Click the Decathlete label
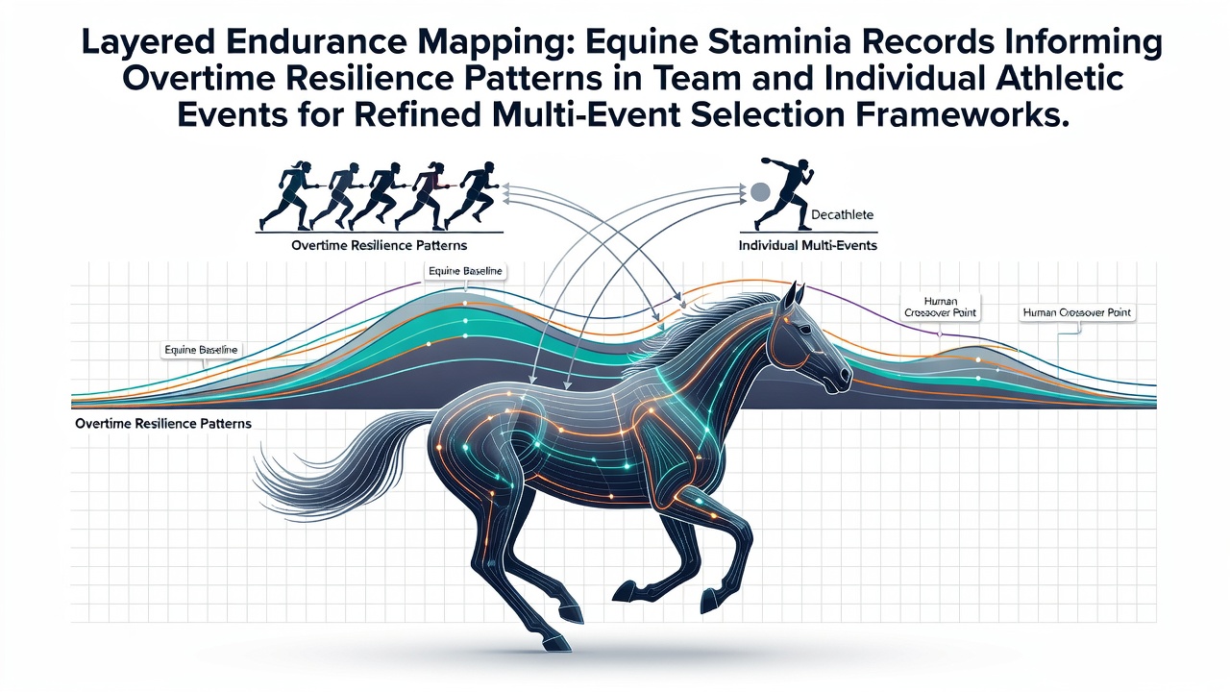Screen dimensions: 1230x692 (842, 214)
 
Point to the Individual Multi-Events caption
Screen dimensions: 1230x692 (808, 245)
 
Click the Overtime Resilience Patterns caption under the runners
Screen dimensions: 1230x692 (379, 245)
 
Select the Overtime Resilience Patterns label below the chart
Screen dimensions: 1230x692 (163, 424)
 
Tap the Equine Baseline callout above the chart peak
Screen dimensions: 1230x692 (465, 271)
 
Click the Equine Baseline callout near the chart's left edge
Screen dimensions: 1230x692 (201, 350)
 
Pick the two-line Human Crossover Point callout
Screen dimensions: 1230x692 (940, 307)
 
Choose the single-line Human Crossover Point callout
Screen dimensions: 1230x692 (1077, 313)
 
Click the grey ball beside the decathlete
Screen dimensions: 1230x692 (760, 191)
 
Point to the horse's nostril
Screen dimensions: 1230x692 (844, 376)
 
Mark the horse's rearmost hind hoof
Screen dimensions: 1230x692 (554, 643)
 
